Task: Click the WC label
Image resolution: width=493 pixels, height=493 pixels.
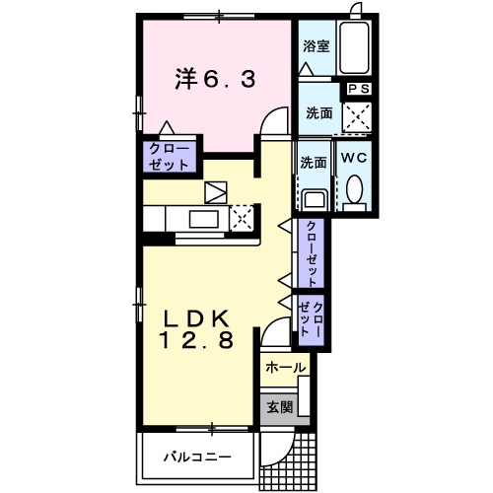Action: tap(354, 156)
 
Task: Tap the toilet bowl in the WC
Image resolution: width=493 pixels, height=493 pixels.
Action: tap(354, 188)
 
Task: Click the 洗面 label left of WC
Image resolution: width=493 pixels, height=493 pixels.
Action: tap(313, 162)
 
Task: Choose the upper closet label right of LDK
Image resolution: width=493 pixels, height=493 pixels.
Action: tap(312, 251)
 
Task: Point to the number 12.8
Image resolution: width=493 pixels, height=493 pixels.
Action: tap(197, 342)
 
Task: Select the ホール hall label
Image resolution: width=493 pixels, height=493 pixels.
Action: tap(286, 368)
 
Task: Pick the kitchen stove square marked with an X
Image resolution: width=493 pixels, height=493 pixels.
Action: tap(241, 218)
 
